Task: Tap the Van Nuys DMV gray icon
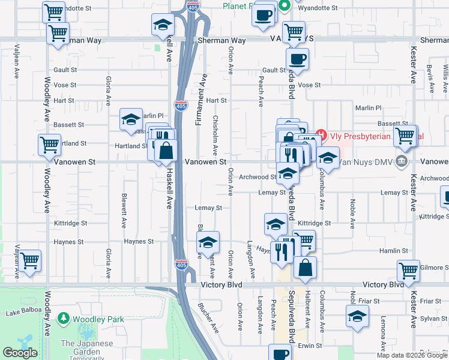402,161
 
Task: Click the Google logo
20,353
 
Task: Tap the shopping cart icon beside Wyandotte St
54,11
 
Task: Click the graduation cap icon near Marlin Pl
131,119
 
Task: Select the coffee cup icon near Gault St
297,58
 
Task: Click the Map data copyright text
411,355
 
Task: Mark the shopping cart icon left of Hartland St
49,144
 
